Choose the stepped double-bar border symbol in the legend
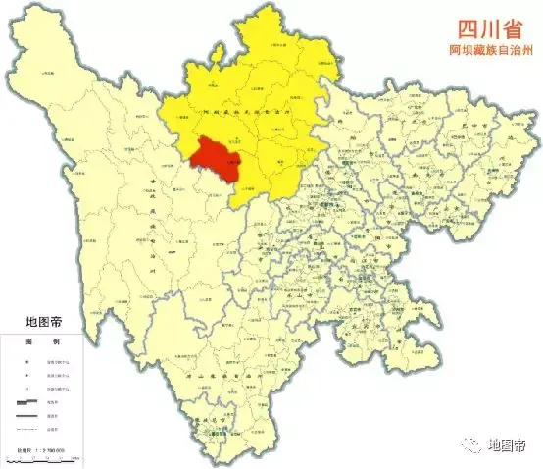pos(28,400)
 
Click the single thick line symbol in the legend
pos(28,415)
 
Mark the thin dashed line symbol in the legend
pos(28,429)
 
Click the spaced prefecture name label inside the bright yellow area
pos(245,116)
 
